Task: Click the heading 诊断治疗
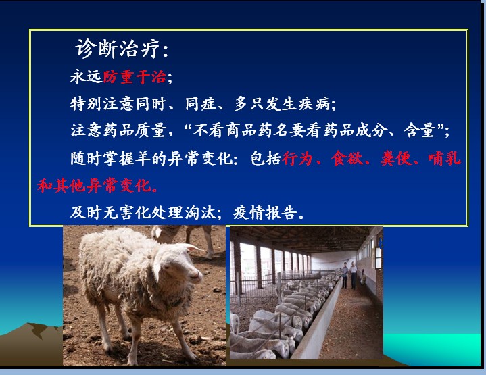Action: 118,49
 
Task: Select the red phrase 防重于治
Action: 135,76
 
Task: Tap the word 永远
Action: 86,76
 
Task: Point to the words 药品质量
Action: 135,130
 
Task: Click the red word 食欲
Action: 347,158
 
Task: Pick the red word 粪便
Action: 396,158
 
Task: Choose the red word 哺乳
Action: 445,158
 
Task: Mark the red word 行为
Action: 297,158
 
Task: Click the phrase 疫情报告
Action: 265,212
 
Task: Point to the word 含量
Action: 420,130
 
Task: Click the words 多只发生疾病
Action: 282,103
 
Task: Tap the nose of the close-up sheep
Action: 197,275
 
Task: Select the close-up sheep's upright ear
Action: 191,247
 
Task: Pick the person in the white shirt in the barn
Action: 354,276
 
